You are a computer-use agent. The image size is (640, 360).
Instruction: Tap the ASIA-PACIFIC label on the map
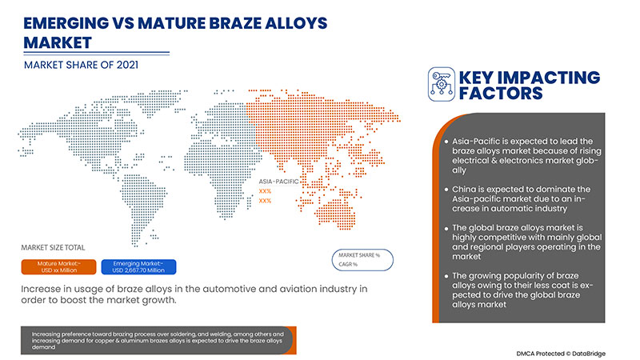277,182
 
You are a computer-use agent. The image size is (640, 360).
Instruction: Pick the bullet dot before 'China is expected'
445,189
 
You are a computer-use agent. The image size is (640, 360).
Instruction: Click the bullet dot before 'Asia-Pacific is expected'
445,142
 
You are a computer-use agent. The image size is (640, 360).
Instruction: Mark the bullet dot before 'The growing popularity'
445,275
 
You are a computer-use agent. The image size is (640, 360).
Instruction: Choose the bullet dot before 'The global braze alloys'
445,228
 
